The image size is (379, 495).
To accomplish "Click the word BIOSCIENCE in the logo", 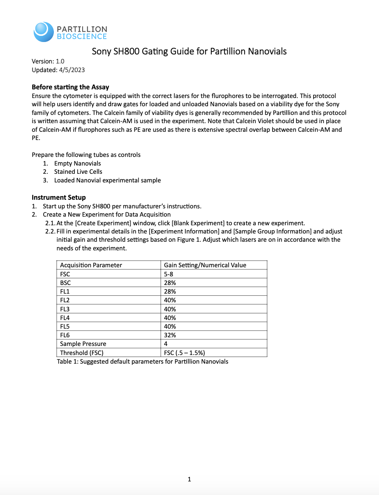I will (81, 37).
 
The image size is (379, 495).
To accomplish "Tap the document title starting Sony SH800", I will (189, 51).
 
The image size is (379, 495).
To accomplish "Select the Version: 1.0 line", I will (48, 61).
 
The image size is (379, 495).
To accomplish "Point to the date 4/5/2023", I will (72, 70).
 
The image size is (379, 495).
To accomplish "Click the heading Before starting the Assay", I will (70, 87).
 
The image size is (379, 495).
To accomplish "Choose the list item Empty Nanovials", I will (77, 163).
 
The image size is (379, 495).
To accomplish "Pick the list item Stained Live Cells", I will (78, 172).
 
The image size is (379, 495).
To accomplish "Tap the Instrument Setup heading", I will (59, 197).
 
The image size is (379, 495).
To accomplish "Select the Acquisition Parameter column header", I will (91, 265).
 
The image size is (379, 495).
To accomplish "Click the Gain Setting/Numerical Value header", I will (205, 265).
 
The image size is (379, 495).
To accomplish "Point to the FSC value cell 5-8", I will (169, 274).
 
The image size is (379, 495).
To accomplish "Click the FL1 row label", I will (65, 292).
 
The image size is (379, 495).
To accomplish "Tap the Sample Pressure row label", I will (83, 344).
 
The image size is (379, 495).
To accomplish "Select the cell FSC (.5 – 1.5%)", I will (184, 353).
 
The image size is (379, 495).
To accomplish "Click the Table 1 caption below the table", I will (142, 362).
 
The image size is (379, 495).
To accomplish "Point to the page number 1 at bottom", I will (189, 479).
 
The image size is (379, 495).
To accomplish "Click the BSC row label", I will (65, 283).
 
